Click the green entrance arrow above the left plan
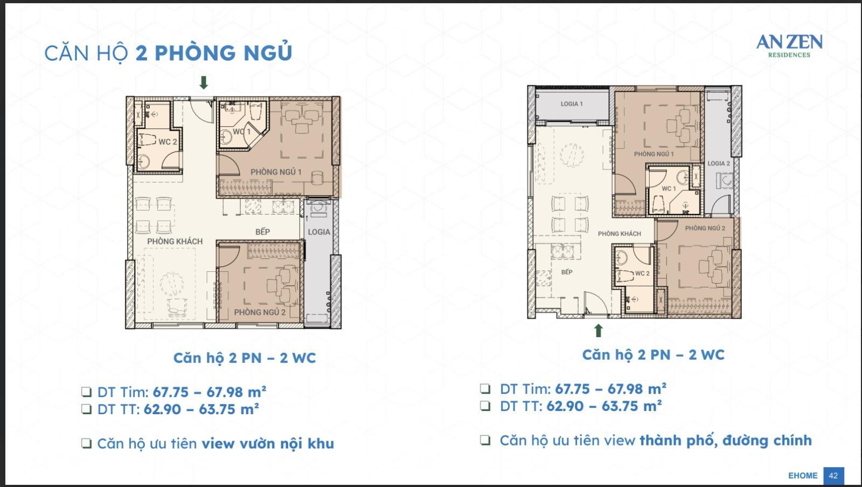[204, 83]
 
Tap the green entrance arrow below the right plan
[598, 331]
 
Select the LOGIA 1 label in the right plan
[572, 104]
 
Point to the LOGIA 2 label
[719, 163]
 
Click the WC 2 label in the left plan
[168, 142]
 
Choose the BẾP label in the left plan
[262, 231]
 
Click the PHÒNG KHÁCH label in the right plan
[619, 234]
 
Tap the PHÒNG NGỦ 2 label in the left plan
[260, 312]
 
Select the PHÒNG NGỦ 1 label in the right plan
[654, 154]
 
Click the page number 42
[833, 476]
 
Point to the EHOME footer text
[803, 476]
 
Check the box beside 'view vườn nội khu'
[87, 443]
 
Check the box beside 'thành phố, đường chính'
[485, 440]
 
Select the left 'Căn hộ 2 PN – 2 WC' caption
[245, 358]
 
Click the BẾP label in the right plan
[566, 272]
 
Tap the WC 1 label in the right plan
[669, 189]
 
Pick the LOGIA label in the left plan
[318, 232]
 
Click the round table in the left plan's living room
[172, 284]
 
